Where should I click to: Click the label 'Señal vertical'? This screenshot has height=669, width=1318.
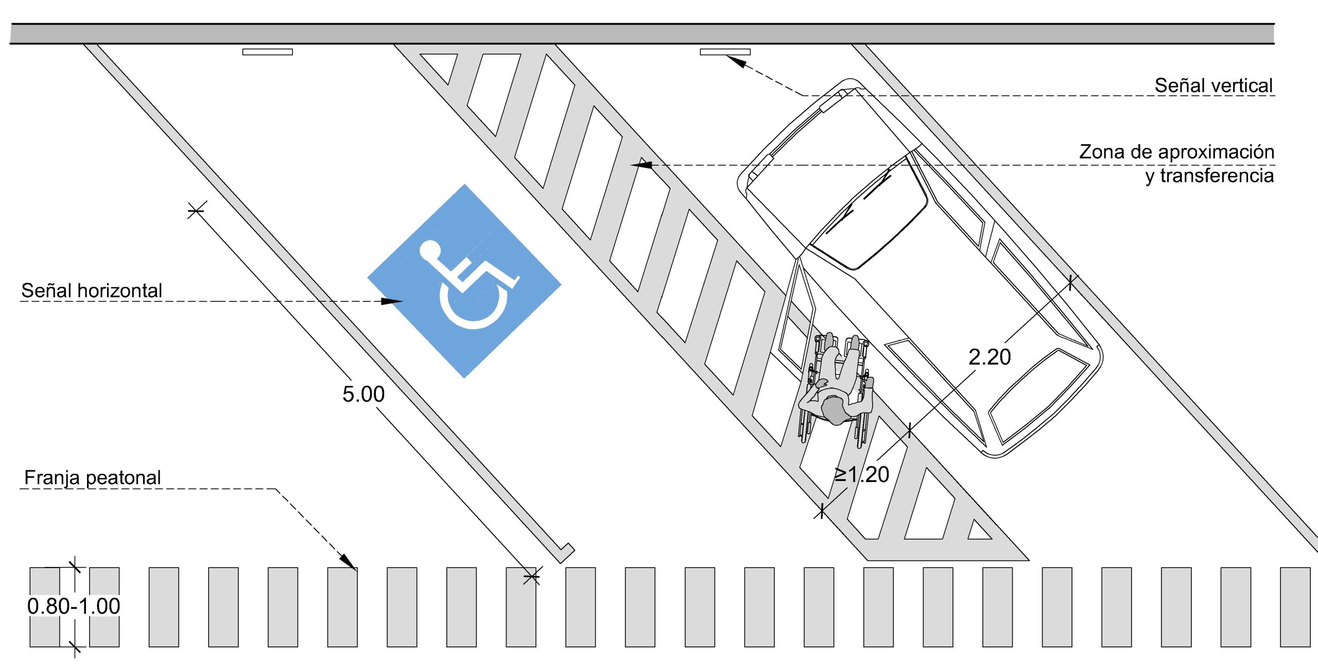tap(1213, 85)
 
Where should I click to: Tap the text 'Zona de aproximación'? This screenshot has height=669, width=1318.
tap(1176, 152)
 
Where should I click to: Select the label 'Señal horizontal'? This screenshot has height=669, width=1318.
tap(92, 290)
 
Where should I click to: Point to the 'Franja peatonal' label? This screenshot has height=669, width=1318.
tap(93, 478)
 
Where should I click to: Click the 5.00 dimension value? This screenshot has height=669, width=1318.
tap(363, 394)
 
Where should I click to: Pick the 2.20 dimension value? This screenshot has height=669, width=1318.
tap(990, 357)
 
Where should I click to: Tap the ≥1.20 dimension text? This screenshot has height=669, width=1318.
tap(862, 474)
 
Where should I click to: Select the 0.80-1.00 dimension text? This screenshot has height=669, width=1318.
tap(74, 606)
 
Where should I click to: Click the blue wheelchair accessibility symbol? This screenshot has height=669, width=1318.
tap(464, 281)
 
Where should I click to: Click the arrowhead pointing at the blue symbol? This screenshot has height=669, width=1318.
tap(392, 301)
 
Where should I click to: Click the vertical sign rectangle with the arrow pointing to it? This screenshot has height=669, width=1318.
tap(725, 52)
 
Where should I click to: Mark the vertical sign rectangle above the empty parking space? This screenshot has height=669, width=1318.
tap(268, 52)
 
